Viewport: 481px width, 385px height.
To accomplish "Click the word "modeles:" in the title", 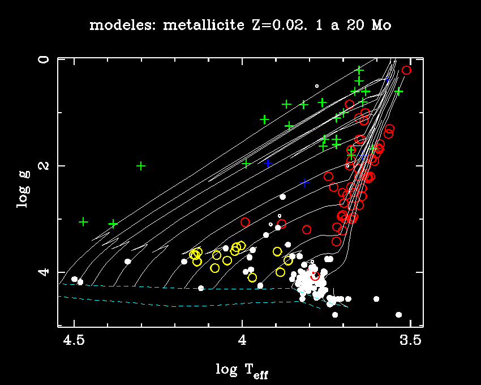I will [x=118, y=25].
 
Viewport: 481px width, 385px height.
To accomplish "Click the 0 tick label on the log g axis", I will [x=46, y=59].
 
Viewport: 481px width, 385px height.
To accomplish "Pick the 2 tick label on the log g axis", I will [x=46, y=165].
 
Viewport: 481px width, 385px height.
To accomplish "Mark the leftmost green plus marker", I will [x=84, y=221].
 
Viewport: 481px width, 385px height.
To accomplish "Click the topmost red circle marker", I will [x=406, y=70].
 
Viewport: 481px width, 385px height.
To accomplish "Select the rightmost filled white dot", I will [x=398, y=314].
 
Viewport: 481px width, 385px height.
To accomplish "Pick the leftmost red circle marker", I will [x=245, y=222].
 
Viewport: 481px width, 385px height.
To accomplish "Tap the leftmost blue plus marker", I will [x=268, y=163].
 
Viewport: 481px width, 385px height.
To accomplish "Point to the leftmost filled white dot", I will [x=74, y=279].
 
